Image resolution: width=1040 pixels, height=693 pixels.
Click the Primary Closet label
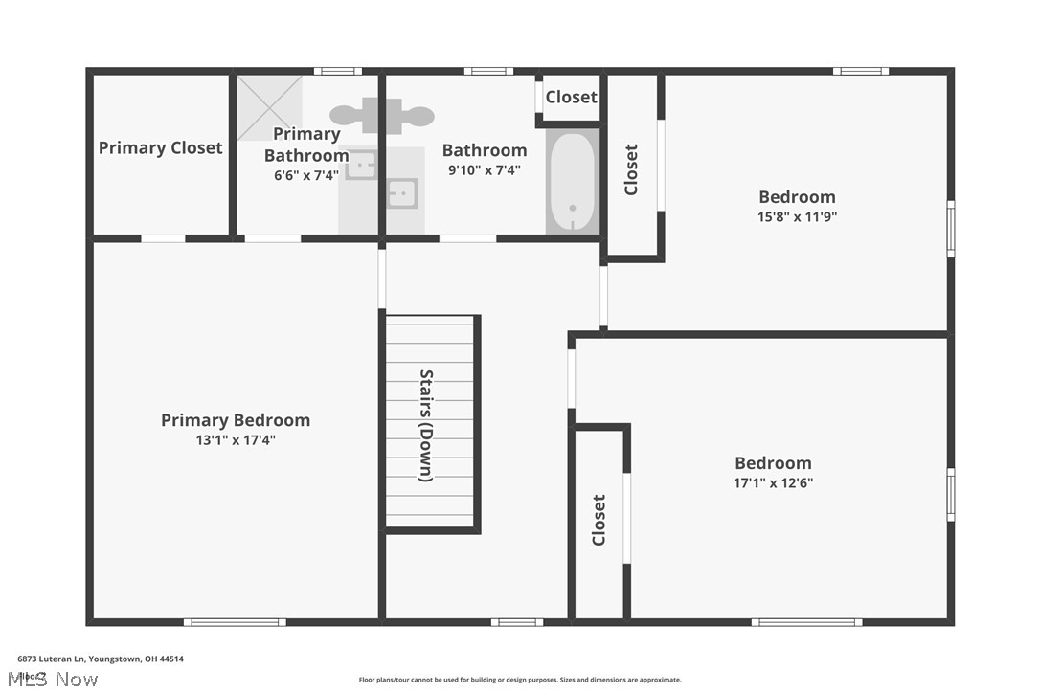tap(160, 147)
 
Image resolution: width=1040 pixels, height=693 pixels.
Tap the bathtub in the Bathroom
tap(572, 182)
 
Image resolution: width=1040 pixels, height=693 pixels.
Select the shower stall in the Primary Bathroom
tap(269, 107)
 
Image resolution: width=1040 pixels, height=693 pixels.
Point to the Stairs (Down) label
tap(426, 425)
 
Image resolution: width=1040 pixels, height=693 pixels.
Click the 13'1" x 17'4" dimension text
tap(236, 440)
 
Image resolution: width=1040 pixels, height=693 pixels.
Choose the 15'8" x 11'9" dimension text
tap(798, 216)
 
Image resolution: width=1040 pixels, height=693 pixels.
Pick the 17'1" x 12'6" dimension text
tap(773, 482)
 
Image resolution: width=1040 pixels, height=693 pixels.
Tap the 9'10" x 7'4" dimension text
tap(484, 169)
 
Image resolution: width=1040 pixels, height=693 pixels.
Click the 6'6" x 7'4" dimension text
tap(306, 175)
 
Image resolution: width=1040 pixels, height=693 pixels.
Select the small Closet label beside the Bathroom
tap(571, 97)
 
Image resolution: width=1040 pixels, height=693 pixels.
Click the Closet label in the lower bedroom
tap(599, 520)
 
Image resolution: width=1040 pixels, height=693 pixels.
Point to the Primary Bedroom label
tap(236, 420)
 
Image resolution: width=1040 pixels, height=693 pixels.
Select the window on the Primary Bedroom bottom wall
tap(235, 622)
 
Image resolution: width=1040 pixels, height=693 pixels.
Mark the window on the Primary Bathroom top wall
tap(337, 71)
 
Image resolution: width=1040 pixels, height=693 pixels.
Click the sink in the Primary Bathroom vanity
tap(361, 166)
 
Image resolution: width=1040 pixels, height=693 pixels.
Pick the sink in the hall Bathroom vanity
tap(402, 193)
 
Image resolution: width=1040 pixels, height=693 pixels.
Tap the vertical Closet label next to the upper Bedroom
tap(631, 169)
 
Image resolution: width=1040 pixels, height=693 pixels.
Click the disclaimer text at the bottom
tap(520, 680)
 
